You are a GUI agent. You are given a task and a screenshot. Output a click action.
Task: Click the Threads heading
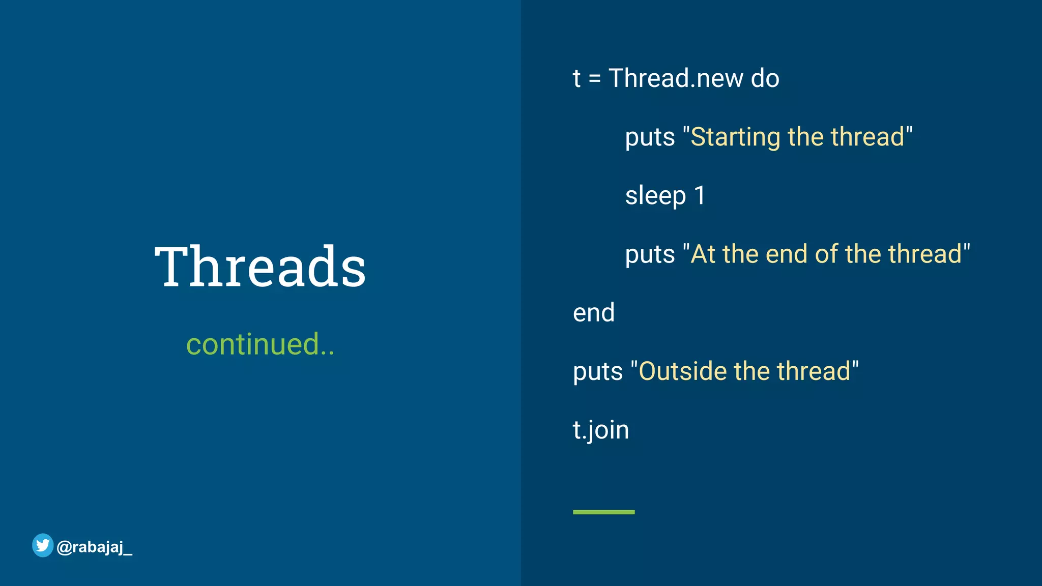point(260,267)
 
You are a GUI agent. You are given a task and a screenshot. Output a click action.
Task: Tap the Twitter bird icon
point(43,545)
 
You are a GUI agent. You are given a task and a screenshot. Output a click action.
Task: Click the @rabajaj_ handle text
point(95,547)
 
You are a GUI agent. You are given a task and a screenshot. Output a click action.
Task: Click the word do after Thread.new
point(765,78)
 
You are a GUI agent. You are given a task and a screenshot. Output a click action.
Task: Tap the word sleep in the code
point(655,196)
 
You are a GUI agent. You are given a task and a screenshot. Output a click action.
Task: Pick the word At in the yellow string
point(703,254)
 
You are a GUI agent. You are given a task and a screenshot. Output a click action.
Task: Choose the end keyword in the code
point(594,312)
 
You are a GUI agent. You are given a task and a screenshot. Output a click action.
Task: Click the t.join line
point(601,430)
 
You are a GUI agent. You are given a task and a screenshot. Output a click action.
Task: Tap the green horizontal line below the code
point(603,512)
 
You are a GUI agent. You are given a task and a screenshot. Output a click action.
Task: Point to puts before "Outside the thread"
point(598,372)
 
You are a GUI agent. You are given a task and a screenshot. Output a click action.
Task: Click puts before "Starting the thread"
point(650,137)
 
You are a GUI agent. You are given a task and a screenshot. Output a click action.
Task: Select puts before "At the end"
point(650,254)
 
